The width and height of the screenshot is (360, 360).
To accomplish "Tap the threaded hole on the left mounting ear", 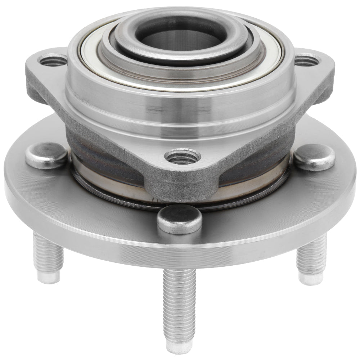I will [x=53, y=60].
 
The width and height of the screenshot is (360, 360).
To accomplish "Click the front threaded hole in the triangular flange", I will [x=183, y=157].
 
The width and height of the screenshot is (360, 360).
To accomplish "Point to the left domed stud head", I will [x=46, y=155].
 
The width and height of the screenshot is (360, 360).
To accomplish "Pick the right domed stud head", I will [x=314, y=157].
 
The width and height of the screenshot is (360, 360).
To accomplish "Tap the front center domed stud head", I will [x=179, y=219].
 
